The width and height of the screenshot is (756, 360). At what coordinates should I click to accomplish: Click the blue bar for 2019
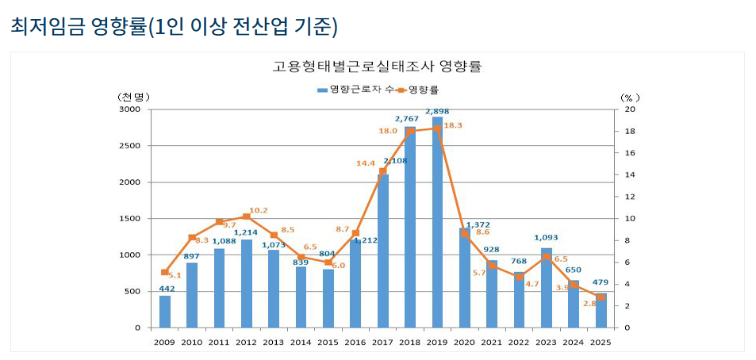pyautogui.click(x=437, y=222)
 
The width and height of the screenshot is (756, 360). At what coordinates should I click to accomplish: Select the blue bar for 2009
pyautogui.click(x=164, y=311)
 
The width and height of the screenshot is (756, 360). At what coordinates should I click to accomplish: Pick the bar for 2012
pyautogui.click(x=246, y=283)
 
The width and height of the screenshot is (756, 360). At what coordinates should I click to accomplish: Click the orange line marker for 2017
pyautogui.click(x=382, y=171)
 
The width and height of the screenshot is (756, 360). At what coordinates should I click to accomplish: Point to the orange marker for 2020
pyautogui.click(x=464, y=234)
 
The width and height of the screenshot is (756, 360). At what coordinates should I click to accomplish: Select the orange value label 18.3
pyautogui.click(x=453, y=125)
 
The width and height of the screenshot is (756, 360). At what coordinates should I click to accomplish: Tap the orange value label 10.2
pyautogui.click(x=259, y=210)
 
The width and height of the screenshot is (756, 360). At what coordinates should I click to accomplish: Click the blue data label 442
pyautogui.click(x=167, y=289)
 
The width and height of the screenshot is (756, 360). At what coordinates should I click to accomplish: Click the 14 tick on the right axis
pyautogui.click(x=628, y=175)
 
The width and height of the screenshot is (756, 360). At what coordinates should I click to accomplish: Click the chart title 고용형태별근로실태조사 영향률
pyautogui.click(x=377, y=67)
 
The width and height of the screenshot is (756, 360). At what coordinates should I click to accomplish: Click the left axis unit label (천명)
pyautogui.click(x=133, y=97)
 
